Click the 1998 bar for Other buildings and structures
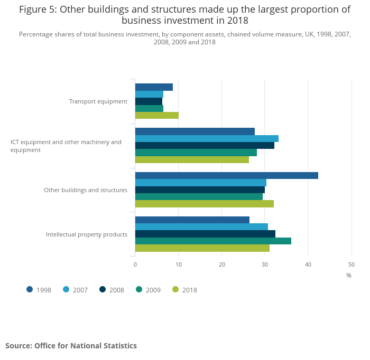(226, 176)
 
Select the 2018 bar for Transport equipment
(156, 115)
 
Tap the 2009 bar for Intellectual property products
(213, 241)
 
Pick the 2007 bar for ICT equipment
(207, 138)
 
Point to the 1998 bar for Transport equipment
(154, 87)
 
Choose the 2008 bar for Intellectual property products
(205, 234)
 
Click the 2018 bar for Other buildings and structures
(204, 204)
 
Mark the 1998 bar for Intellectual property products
(192, 220)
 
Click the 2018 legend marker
(176, 289)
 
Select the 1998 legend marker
(30, 289)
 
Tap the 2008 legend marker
(103, 289)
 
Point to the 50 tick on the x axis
(351, 264)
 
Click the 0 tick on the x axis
(135, 264)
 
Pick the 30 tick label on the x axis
(265, 264)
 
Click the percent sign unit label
(349, 275)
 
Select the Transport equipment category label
(98, 101)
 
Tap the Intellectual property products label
(87, 234)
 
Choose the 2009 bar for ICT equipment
(196, 153)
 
